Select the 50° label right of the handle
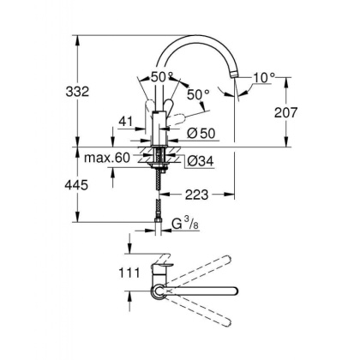198,93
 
